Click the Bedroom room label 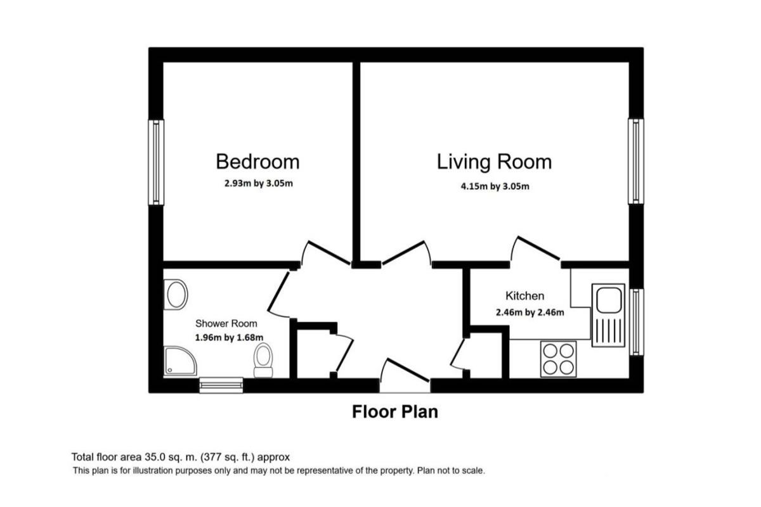click(258, 162)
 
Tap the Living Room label click(494, 162)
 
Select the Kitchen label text click(525, 296)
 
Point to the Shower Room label click(226, 323)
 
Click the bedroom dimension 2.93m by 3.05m click(259, 183)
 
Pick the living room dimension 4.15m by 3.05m click(495, 186)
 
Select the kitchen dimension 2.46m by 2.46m click(530, 312)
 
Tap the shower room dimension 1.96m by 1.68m click(229, 337)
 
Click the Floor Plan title click(395, 411)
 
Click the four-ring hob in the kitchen click(558, 359)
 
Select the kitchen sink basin click(609, 300)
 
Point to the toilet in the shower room click(263, 361)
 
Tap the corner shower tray click(180, 361)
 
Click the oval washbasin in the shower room click(176, 295)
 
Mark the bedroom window click(156, 162)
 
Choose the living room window click(636, 162)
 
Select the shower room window click(221, 385)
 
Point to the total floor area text click(180, 457)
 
